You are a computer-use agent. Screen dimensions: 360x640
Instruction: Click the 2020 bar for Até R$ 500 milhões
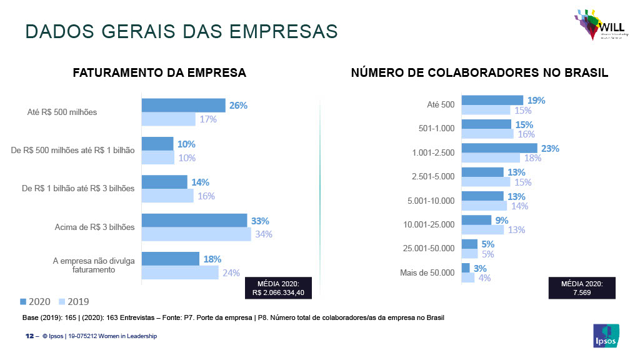183,105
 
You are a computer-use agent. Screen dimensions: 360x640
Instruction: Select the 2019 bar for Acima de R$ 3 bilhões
196,234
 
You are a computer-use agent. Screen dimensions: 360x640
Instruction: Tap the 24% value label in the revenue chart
231,272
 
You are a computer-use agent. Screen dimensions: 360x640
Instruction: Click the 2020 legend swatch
23,301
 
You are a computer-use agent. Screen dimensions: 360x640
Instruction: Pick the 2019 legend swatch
62,301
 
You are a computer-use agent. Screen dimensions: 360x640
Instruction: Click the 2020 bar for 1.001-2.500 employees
499,149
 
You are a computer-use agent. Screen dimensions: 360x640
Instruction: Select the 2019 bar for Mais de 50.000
467,277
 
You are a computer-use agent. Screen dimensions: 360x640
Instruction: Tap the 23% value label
551,149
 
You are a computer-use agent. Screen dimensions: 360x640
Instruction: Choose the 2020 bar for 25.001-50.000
469,244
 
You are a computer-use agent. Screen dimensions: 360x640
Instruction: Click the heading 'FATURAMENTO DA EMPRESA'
159,73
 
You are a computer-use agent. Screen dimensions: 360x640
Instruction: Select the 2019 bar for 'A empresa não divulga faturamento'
180,272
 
